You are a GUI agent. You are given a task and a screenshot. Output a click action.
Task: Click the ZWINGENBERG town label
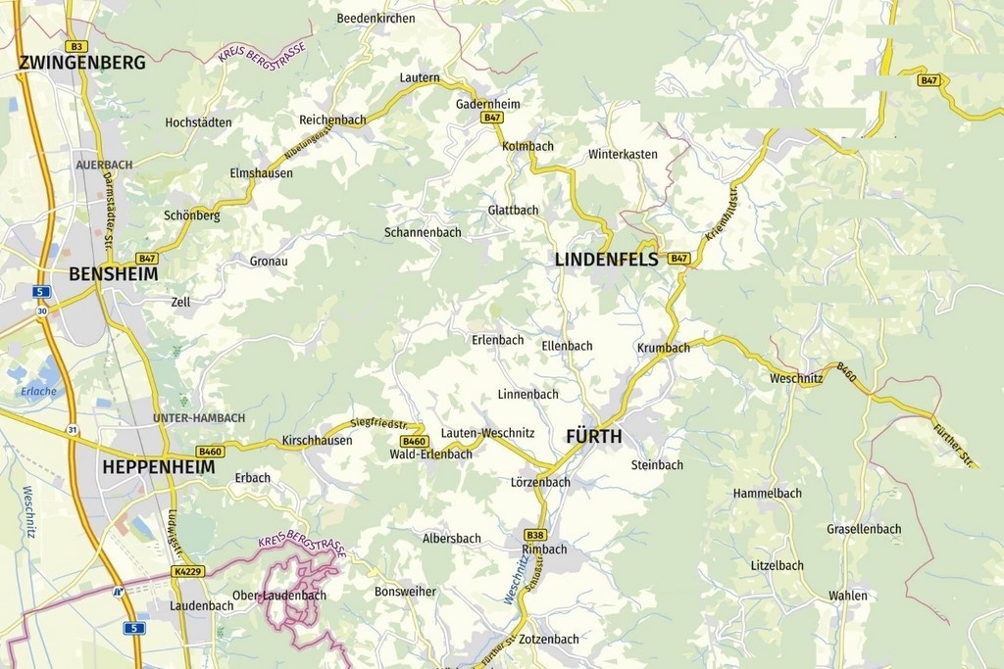[x=82, y=63]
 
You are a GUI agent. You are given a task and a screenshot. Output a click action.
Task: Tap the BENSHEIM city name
[x=113, y=274]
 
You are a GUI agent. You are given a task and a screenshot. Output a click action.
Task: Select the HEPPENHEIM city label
[x=158, y=467]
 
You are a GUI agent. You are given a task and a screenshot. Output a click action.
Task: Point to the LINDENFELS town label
[x=606, y=260]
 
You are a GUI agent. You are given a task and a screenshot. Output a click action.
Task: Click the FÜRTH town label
[x=593, y=436]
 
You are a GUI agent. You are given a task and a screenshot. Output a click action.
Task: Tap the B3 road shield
[x=77, y=46]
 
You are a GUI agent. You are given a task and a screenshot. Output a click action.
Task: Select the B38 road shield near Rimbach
[x=535, y=534]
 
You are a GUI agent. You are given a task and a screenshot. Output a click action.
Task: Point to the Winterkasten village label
[x=623, y=155]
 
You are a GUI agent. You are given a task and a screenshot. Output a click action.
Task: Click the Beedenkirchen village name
[x=376, y=19]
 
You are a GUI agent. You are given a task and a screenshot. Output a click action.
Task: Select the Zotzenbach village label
[x=549, y=640]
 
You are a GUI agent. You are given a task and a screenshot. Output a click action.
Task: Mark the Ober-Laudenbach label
[x=279, y=596]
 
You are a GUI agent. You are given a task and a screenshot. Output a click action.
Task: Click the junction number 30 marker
[x=42, y=311]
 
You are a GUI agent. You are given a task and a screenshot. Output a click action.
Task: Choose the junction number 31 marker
[x=73, y=430]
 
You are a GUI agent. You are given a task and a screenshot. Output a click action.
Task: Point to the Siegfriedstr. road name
[x=378, y=424]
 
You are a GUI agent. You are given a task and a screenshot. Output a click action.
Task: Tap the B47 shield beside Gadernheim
[x=492, y=118]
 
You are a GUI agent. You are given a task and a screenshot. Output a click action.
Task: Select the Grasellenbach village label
[x=864, y=529]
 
